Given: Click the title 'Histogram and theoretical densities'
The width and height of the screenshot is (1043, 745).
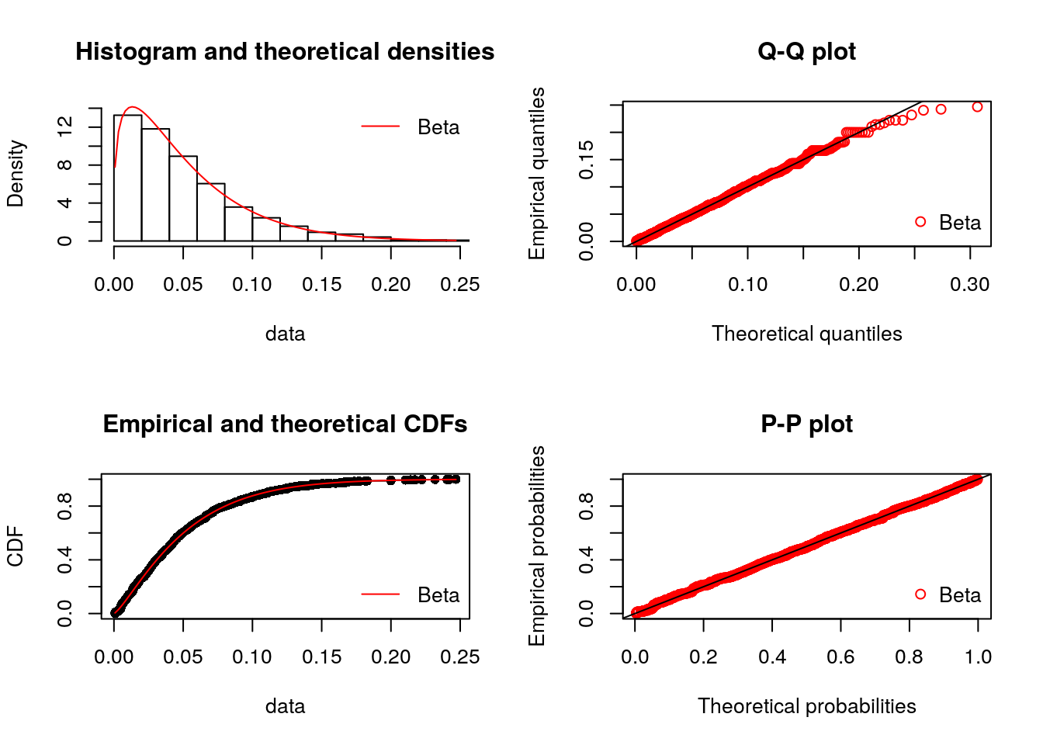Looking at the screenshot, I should (285, 52).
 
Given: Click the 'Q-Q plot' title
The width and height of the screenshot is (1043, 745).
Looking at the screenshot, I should (806, 52).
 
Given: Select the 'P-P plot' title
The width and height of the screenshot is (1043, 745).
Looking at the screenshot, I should (806, 424).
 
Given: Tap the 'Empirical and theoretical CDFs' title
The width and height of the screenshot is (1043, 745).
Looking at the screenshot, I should (285, 424).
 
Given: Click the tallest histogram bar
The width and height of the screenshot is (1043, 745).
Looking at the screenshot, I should (127, 178).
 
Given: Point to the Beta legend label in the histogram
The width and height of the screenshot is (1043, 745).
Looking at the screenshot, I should (438, 127).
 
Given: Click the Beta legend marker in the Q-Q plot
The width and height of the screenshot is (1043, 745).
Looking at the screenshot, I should (920, 222).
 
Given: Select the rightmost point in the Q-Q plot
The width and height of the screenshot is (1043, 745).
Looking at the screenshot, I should (977, 107).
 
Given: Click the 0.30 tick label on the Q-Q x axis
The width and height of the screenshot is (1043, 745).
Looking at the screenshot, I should (969, 285).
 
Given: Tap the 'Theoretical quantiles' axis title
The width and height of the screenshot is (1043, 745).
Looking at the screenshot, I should (806, 334).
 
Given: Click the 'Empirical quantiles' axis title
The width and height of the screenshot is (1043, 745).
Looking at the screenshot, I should (537, 174).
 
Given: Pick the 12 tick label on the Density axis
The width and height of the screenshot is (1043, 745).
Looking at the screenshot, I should (65, 126).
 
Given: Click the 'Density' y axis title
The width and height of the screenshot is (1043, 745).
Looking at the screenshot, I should (16, 174).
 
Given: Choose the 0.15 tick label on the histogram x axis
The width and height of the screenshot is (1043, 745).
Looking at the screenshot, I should (321, 285).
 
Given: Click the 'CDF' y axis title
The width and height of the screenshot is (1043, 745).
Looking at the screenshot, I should (16, 546).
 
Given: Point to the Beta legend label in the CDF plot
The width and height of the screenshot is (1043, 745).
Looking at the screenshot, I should (438, 595).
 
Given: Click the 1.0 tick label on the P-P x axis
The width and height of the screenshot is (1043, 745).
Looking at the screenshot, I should (978, 657).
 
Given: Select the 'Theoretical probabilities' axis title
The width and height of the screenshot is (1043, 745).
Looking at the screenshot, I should (806, 706).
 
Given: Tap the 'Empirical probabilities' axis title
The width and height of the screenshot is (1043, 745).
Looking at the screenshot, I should (537, 546).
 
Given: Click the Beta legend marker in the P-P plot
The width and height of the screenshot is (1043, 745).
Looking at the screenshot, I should (920, 594).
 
